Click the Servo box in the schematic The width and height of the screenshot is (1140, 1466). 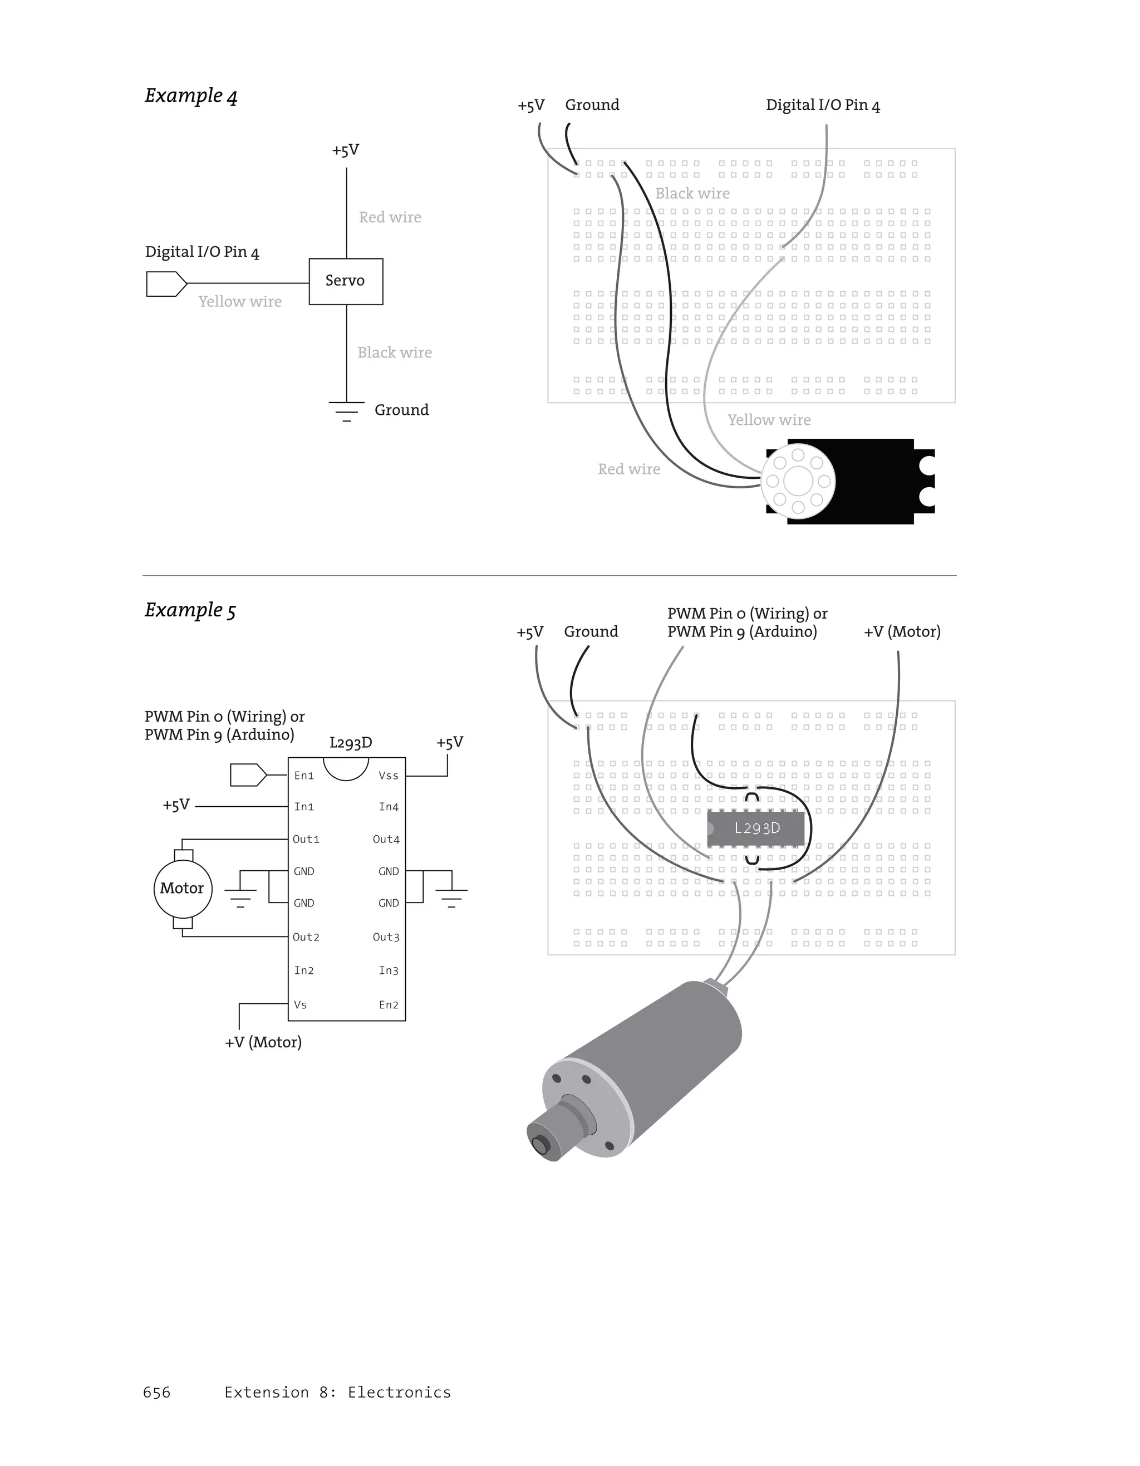point(346,281)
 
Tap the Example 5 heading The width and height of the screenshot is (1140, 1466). point(190,610)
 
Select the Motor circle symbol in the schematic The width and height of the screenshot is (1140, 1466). point(183,888)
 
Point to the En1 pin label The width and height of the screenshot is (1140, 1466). point(304,776)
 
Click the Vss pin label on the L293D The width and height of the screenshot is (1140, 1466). point(389,776)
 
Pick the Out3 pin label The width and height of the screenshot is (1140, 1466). point(386,937)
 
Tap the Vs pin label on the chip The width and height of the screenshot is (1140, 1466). point(300,1005)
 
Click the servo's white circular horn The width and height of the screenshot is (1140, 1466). point(798,481)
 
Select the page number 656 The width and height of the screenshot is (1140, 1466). point(156,1392)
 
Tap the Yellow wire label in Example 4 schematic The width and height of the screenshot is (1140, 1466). point(240,302)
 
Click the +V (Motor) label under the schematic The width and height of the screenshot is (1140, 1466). point(263,1042)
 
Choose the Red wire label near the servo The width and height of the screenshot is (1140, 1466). point(628,469)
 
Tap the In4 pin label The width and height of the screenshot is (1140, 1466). point(389,807)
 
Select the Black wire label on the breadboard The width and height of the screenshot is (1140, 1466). point(692,193)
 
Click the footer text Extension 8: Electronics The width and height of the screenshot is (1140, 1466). point(337,1392)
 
